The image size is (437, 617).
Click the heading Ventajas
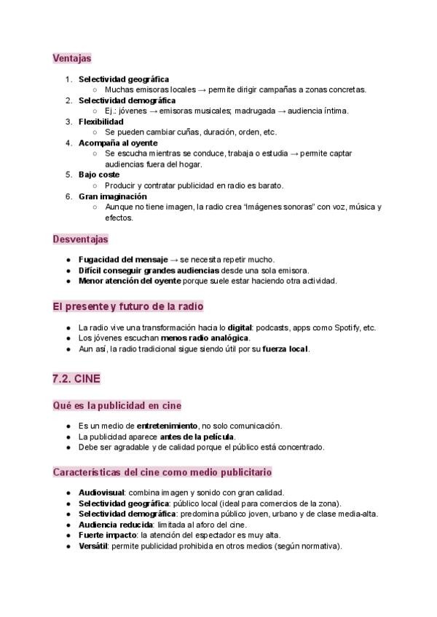[x=72, y=57]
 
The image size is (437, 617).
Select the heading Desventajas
[x=80, y=239]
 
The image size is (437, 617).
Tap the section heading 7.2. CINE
[x=76, y=378]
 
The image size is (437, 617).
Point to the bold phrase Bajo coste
[x=99, y=175]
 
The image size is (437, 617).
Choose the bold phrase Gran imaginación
[x=113, y=196]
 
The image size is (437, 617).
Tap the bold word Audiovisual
[x=102, y=493]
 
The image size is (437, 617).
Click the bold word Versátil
[x=93, y=546]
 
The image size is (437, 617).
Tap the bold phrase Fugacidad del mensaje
[x=123, y=260]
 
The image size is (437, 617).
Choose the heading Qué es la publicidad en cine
[x=117, y=405]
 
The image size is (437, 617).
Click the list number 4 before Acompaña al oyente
[x=68, y=143]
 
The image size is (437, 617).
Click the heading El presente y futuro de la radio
[x=128, y=306]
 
